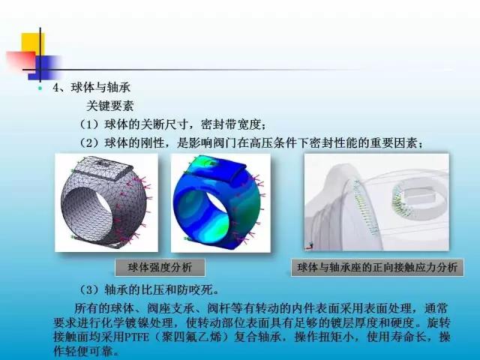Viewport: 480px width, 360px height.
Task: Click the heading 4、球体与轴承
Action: tap(91, 88)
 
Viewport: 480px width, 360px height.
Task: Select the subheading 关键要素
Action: tap(110, 106)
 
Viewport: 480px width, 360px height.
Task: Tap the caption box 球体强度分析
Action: tap(160, 268)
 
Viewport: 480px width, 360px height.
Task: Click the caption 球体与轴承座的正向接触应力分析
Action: tap(377, 268)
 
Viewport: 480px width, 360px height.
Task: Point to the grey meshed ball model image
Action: tap(106, 202)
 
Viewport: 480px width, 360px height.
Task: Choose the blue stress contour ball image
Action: tap(220, 203)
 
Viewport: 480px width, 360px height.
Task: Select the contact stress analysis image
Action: tap(376, 202)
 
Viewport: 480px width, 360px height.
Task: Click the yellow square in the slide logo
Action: tap(33, 43)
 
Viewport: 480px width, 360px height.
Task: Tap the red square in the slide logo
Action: tap(21, 61)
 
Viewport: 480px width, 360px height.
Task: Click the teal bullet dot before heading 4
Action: tap(40, 88)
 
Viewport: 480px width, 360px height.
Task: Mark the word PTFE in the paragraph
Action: tap(136, 337)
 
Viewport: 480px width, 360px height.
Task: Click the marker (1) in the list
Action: tap(91, 124)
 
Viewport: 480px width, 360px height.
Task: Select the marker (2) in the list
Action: tap(91, 143)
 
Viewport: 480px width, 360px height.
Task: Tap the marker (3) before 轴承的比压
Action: tap(91, 289)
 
